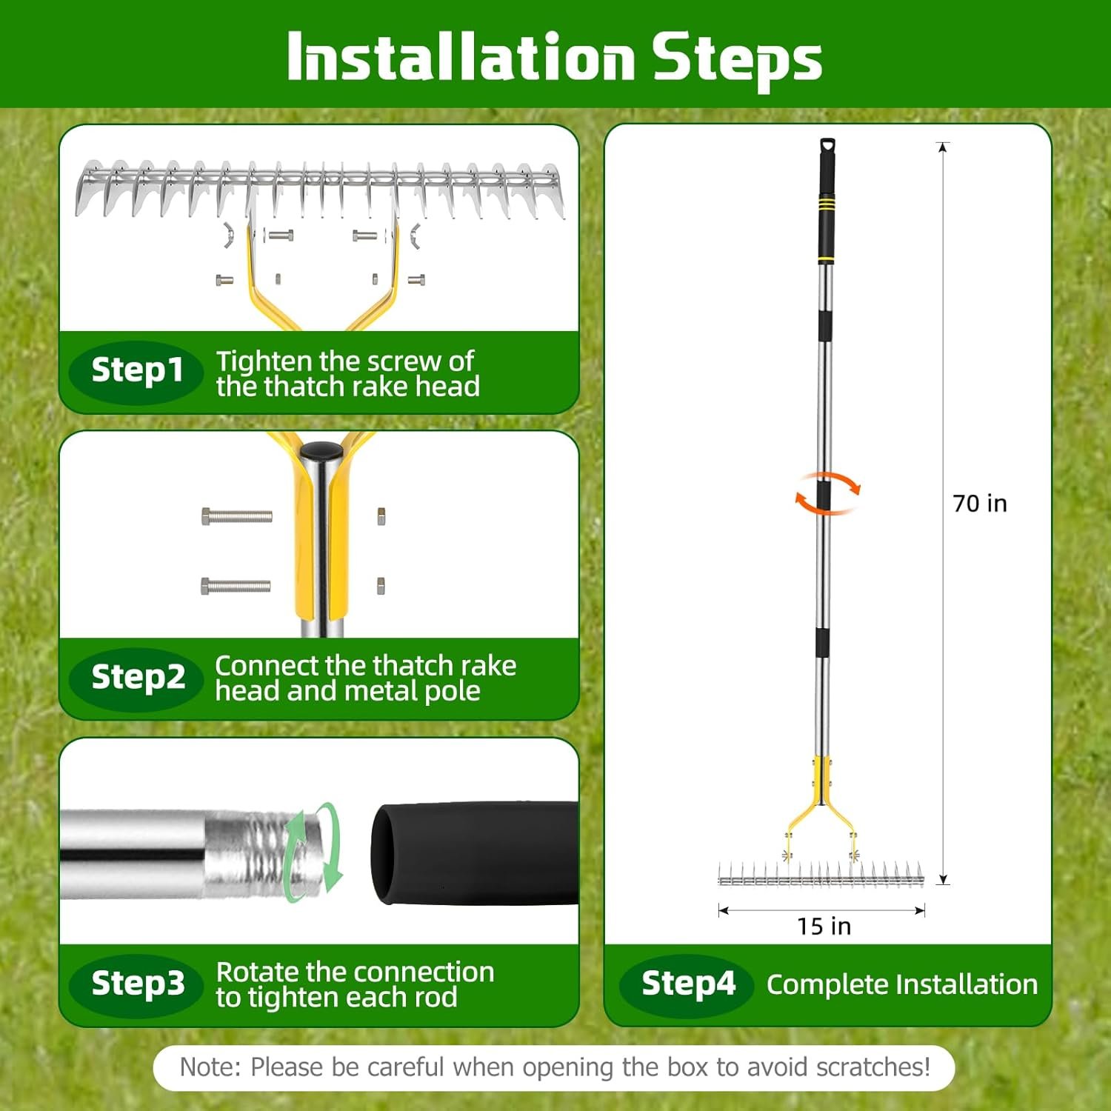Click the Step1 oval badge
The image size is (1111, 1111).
(136, 372)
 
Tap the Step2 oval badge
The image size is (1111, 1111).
(136, 678)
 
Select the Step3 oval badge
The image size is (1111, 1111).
(136, 985)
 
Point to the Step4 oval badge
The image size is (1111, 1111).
(687, 985)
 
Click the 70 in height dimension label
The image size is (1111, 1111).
(980, 504)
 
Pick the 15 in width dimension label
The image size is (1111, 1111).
(824, 927)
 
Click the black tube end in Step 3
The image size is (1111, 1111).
(474, 853)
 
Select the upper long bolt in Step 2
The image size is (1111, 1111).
(237, 516)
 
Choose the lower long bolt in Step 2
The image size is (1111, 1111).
(236, 587)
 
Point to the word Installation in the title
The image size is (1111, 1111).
(461, 56)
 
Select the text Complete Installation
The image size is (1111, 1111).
(902, 984)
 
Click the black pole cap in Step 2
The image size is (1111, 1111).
(321, 450)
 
